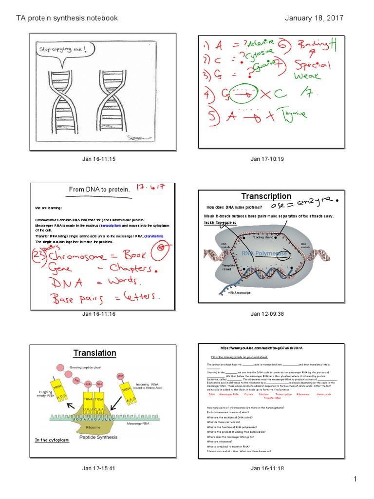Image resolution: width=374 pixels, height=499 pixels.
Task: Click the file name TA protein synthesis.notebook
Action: coord(67,18)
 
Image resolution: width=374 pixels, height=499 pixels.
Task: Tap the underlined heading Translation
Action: coord(95,353)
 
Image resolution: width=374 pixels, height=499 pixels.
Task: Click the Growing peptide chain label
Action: coord(86,367)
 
